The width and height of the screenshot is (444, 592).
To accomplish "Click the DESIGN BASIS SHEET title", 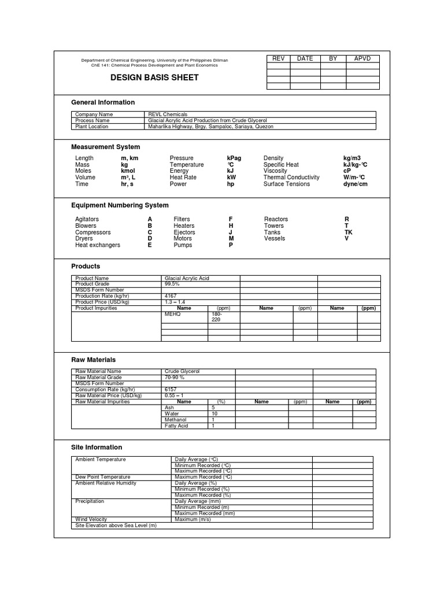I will click(154, 78).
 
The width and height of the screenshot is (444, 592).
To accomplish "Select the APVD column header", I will click(362, 58).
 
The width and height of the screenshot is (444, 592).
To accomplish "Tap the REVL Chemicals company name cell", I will click(168, 114).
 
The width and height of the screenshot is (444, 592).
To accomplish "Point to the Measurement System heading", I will click(105, 147).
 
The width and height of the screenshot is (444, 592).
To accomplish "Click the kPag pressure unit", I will click(234, 158).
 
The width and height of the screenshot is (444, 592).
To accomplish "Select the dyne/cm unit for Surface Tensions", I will click(355, 184).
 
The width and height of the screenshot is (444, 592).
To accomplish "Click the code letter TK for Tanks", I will click(348, 232).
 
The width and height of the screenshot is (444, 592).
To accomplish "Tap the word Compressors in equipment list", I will click(93, 232).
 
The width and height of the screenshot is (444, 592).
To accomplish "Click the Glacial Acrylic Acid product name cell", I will click(187, 278).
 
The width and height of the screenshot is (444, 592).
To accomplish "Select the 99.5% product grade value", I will click(172, 284).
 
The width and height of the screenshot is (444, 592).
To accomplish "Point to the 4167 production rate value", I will click(171, 296).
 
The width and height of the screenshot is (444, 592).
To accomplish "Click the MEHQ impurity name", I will click(173, 314).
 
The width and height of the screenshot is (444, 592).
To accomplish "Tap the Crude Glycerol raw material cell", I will click(182, 371).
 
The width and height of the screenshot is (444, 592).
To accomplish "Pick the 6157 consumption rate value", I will click(171, 390).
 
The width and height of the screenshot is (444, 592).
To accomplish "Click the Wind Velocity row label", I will click(91, 519).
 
